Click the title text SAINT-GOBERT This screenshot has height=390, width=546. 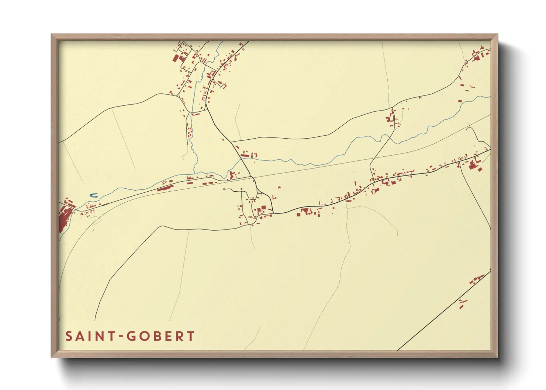click(x=130, y=336)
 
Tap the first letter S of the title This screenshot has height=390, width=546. click(x=69, y=336)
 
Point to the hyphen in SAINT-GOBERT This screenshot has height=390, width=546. click(x=122, y=337)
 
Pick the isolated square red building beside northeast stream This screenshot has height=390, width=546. click(x=460, y=101)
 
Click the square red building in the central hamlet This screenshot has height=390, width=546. click(x=263, y=208)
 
